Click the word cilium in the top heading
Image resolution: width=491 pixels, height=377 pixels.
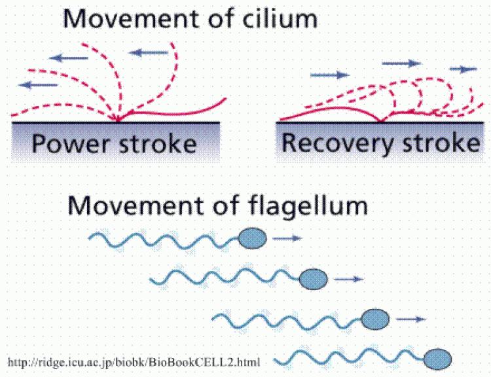click(x=280, y=18)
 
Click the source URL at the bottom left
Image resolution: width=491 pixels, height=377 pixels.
click(x=134, y=363)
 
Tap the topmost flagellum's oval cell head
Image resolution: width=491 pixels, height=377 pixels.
click(x=253, y=238)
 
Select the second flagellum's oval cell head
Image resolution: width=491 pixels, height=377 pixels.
click(x=314, y=279)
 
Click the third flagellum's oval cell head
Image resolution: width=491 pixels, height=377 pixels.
click(x=375, y=319)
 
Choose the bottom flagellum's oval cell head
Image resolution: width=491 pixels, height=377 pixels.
click(x=437, y=359)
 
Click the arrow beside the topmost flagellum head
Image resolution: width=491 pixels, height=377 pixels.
click(x=287, y=239)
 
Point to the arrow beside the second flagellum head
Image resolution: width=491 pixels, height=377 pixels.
click(x=349, y=279)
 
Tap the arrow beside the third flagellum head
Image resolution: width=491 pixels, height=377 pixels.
click(x=411, y=319)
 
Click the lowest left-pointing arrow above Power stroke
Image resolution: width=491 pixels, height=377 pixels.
click(x=38, y=85)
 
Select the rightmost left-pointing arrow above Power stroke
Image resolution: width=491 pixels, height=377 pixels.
click(x=149, y=52)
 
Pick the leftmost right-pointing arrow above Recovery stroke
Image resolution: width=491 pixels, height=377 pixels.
click(x=330, y=75)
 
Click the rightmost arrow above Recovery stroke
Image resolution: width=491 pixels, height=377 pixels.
click(x=463, y=69)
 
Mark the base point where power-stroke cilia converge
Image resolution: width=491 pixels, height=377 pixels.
click(x=118, y=120)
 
